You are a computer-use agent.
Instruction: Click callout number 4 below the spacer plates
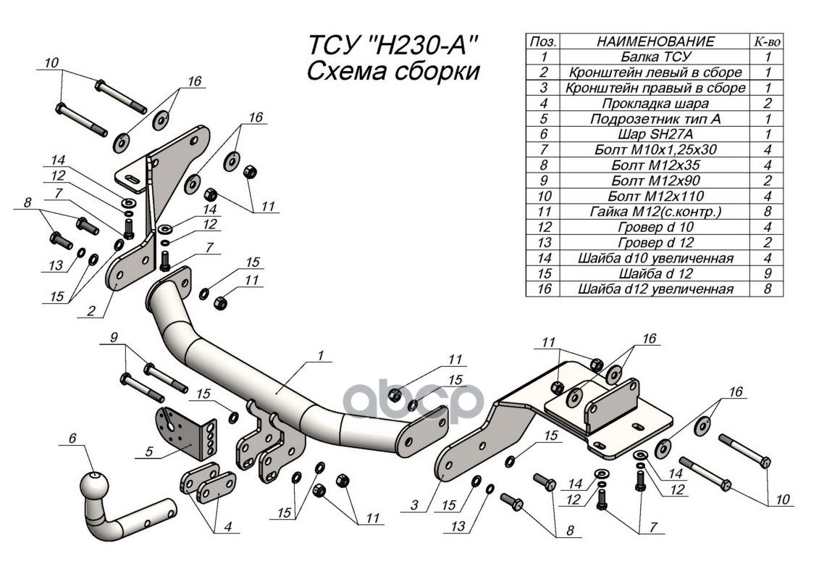(x=227, y=528)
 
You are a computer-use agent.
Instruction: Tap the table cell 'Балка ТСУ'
(x=656, y=56)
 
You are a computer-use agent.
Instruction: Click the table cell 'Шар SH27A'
(x=656, y=134)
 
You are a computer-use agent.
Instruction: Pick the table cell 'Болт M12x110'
(x=656, y=196)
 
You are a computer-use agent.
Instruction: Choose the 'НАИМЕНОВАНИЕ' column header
(x=656, y=41)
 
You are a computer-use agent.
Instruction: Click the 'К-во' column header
(x=767, y=41)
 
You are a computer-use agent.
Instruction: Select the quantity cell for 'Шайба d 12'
(x=767, y=273)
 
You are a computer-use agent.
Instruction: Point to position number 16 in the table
(x=545, y=289)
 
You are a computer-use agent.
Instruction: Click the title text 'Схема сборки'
(x=394, y=72)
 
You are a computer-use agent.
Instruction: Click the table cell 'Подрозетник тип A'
(x=656, y=118)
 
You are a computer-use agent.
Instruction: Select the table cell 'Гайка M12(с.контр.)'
(x=656, y=212)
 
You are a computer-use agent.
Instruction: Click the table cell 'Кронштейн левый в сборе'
(x=656, y=72)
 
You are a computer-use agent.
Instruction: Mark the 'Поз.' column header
(x=545, y=41)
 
